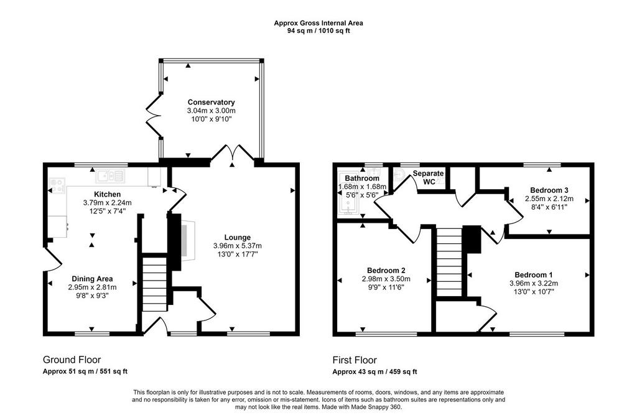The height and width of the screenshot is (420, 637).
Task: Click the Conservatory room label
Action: pyautogui.click(x=212, y=103)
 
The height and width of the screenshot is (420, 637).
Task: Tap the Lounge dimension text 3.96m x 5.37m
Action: pyautogui.click(x=237, y=246)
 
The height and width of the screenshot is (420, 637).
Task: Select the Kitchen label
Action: pyautogui.click(x=107, y=194)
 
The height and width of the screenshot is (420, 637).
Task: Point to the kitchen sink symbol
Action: pyautogui.click(x=110, y=176)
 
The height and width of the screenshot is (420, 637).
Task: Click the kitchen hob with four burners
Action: pyautogui.click(x=57, y=185)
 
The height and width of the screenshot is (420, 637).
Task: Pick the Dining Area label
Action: pyautogui.click(x=92, y=279)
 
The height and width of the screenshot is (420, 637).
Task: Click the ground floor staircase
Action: pyautogui.click(x=154, y=283)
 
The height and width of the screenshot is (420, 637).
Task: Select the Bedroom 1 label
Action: pyautogui.click(x=533, y=275)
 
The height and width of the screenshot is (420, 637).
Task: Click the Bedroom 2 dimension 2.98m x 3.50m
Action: pyautogui.click(x=386, y=279)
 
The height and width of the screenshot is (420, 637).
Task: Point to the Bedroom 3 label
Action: pyautogui.click(x=549, y=190)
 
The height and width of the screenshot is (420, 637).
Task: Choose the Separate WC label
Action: pyautogui.click(x=429, y=177)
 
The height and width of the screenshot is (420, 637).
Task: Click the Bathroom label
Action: pyautogui.click(x=362, y=179)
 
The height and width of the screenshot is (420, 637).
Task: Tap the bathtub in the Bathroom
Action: pyautogui.click(x=348, y=193)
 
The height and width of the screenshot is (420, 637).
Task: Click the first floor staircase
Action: pyautogui.click(x=449, y=262)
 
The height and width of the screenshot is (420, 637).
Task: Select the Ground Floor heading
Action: pyautogui.click(x=72, y=360)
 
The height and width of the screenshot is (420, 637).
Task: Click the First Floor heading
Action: pyautogui.click(x=355, y=360)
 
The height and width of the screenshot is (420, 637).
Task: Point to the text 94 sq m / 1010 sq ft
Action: pyautogui.click(x=318, y=30)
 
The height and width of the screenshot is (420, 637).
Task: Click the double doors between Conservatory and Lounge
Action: pyautogui.click(x=233, y=153)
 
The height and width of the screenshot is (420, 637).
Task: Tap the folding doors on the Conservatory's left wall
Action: pyautogui.click(x=154, y=116)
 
